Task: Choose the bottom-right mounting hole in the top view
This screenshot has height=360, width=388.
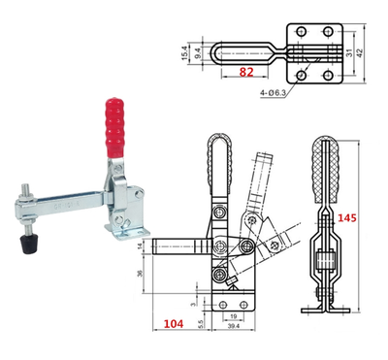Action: [331, 74]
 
